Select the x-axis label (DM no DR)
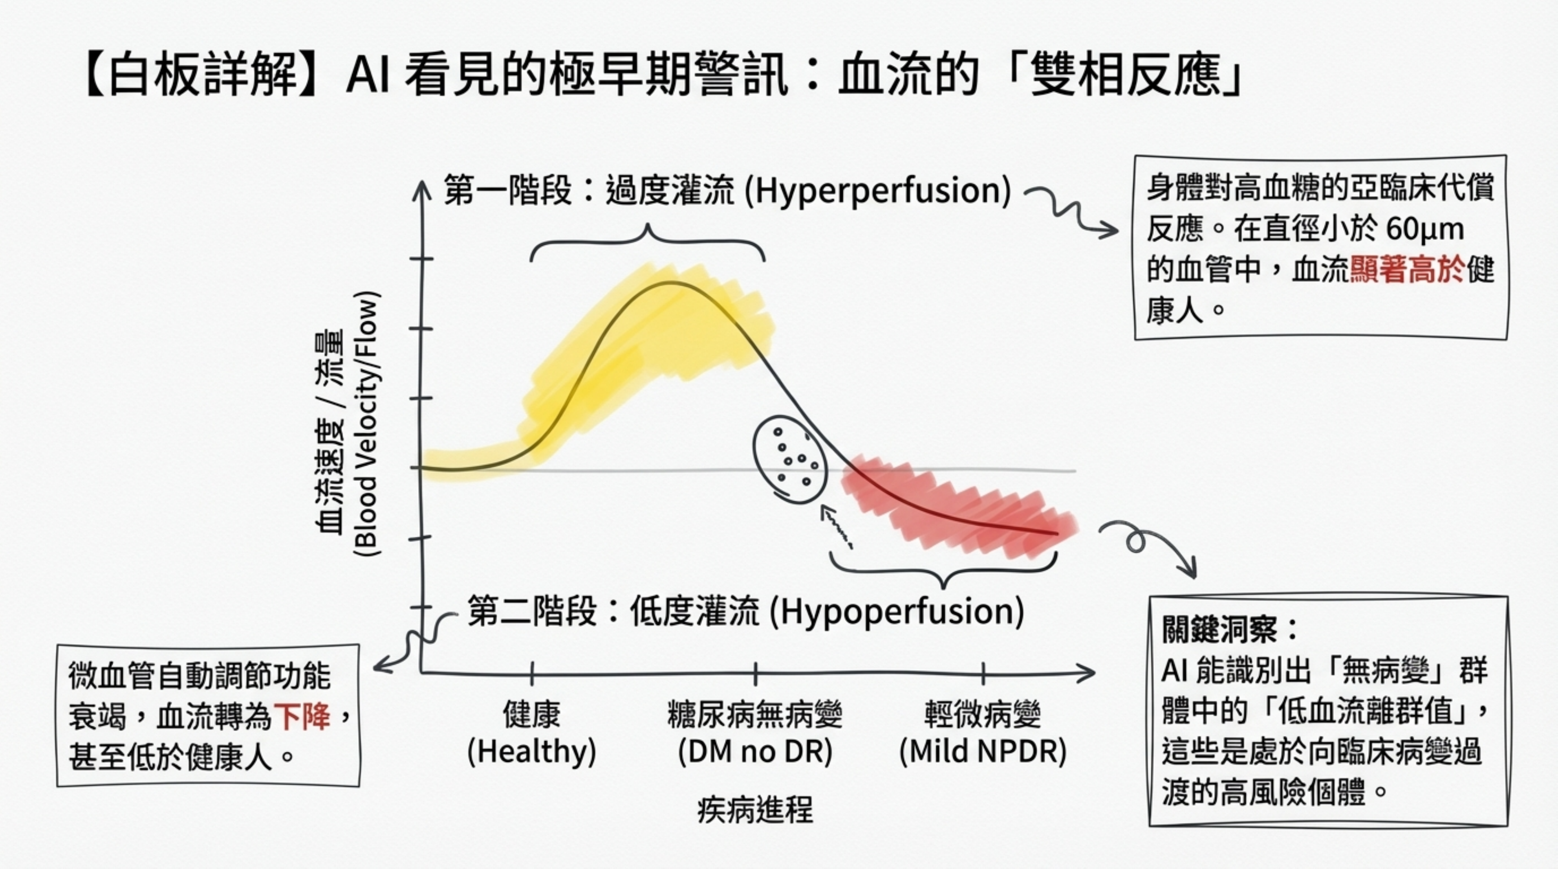[x=755, y=752]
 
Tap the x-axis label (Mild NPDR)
[x=983, y=752]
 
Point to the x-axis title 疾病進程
[x=755, y=810]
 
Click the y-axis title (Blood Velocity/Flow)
[x=367, y=423]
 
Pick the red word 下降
[x=302, y=717]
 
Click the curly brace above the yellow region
[x=648, y=242]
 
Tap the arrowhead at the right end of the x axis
[x=1089, y=672]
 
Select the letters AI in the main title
[x=366, y=77]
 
